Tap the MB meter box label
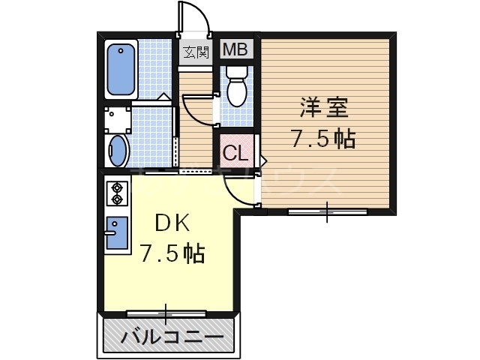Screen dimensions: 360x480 (x=236, y=51)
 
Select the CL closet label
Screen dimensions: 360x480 (x=235, y=154)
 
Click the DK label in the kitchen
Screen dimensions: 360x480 (x=173, y=223)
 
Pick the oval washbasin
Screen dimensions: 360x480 (x=119, y=150)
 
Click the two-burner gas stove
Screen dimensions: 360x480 (x=116, y=193)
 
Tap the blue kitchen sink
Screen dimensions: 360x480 (x=116, y=232)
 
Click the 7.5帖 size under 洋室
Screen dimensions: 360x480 (x=323, y=139)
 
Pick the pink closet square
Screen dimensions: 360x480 (x=235, y=154)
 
